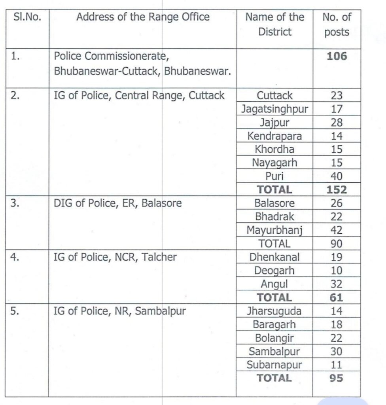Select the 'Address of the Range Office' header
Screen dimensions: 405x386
[143, 17]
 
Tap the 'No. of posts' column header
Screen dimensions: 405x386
[337, 24]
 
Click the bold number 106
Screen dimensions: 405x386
[337, 56]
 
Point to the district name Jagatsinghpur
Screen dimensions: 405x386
[274, 109]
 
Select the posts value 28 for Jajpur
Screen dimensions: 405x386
[337, 123]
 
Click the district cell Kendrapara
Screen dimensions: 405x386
[274, 136]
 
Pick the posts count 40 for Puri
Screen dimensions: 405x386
[337, 176]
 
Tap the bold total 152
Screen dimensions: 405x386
[337, 190]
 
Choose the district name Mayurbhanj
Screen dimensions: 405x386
[274, 230]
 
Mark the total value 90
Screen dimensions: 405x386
[337, 244]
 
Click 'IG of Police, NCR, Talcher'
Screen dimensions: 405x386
[115, 257]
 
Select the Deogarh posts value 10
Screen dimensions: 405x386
[337, 271]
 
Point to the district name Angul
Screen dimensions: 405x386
[274, 284]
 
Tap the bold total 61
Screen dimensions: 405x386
[337, 297]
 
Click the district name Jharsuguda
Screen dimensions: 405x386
[274, 311]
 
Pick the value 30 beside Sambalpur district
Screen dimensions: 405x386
[337, 352]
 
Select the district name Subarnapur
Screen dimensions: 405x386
[274, 365]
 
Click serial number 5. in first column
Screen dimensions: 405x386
[15, 311]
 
